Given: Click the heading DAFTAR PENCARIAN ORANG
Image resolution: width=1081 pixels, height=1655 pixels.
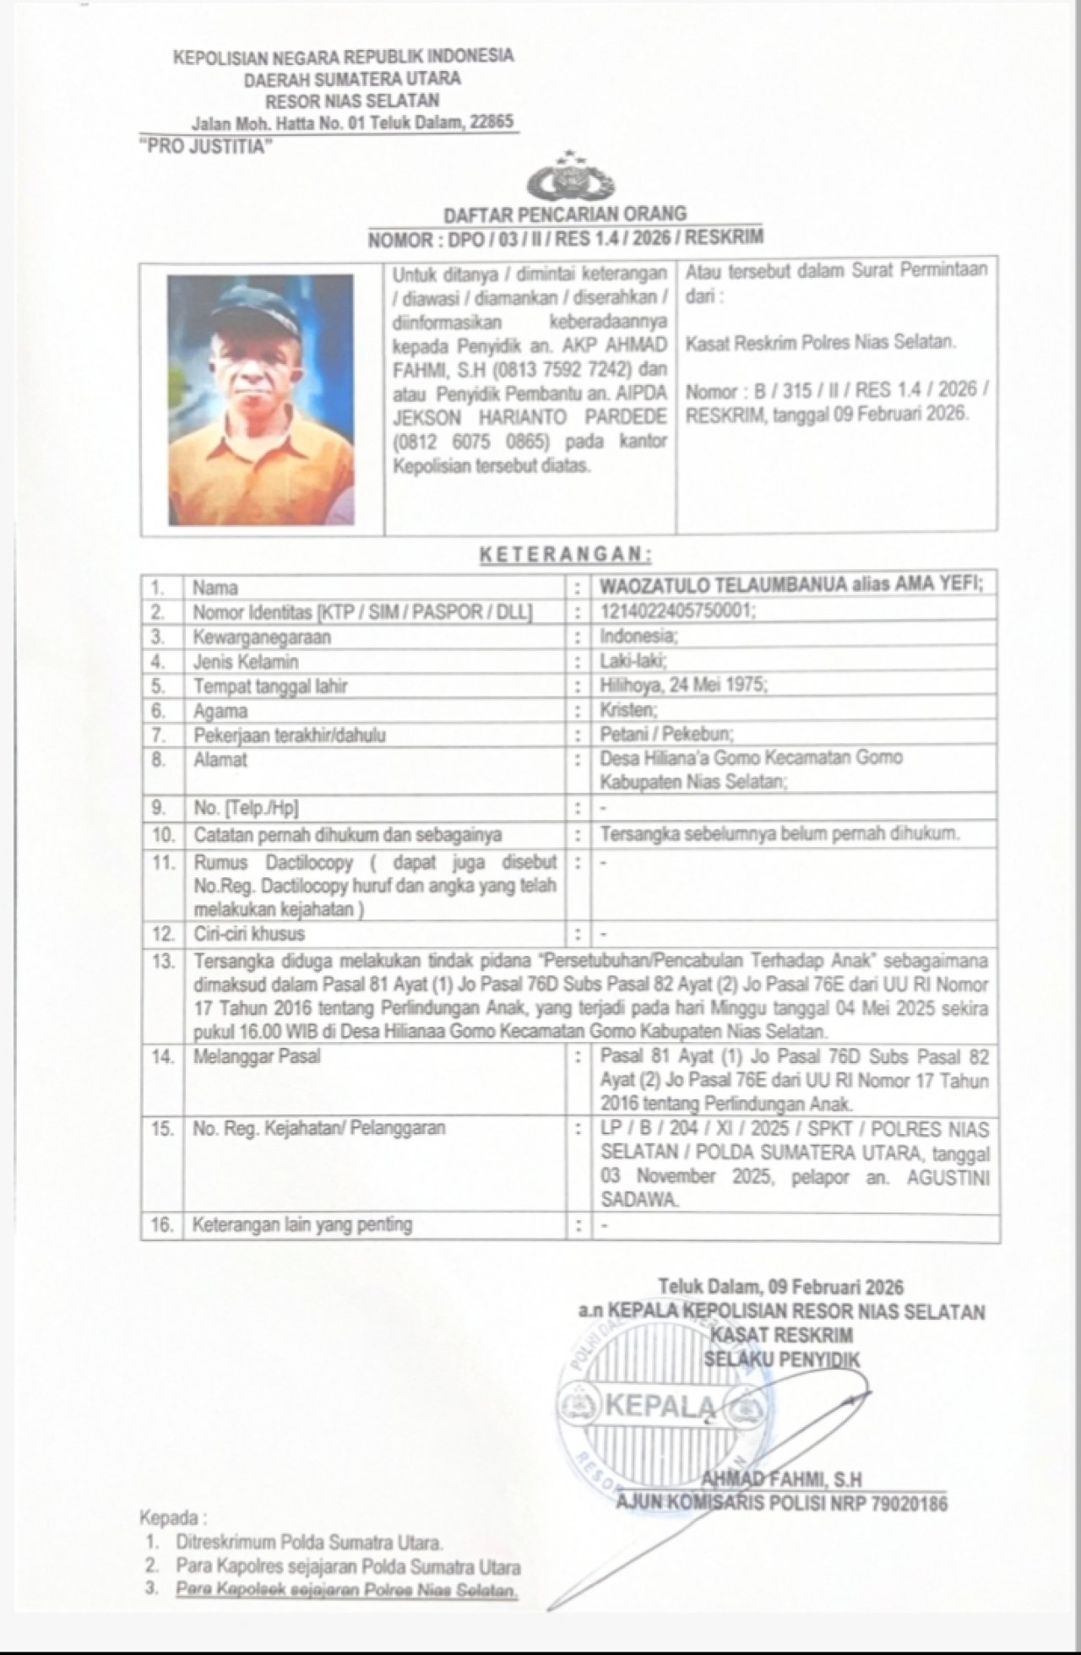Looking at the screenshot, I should (x=565, y=214).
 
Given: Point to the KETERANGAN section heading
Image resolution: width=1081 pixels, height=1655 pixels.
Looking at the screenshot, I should (x=565, y=555).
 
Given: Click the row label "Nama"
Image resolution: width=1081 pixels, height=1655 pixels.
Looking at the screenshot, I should (x=215, y=587).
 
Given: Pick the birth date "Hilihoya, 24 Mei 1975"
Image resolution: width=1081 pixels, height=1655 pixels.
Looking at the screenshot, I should (x=683, y=686).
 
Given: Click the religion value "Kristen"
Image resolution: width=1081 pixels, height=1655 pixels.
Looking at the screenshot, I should (x=627, y=710).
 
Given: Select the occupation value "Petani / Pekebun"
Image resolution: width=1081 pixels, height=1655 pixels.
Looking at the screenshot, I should (x=666, y=735).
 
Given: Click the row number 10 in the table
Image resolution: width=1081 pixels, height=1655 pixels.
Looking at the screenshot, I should (x=162, y=835).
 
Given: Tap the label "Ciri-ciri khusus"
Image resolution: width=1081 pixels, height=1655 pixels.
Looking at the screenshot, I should (x=249, y=934).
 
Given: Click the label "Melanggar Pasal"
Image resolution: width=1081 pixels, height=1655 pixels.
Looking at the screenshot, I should (x=257, y=1056).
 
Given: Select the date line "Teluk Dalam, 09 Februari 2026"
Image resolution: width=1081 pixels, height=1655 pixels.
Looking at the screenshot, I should (x=780, y=1287).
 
